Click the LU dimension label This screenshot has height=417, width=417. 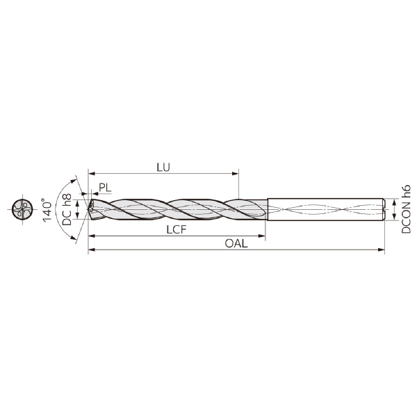point(163,167)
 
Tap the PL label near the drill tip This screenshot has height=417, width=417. point(105,188)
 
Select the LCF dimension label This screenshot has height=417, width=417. point(177,229)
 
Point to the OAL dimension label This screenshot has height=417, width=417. point(236,243)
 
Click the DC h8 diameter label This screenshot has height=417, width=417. point(67,209)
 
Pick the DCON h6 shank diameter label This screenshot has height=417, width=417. point(406,210)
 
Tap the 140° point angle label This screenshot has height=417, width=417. point(47,210)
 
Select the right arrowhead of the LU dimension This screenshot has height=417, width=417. point(235,174)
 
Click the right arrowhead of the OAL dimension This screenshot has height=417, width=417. point(381,250)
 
